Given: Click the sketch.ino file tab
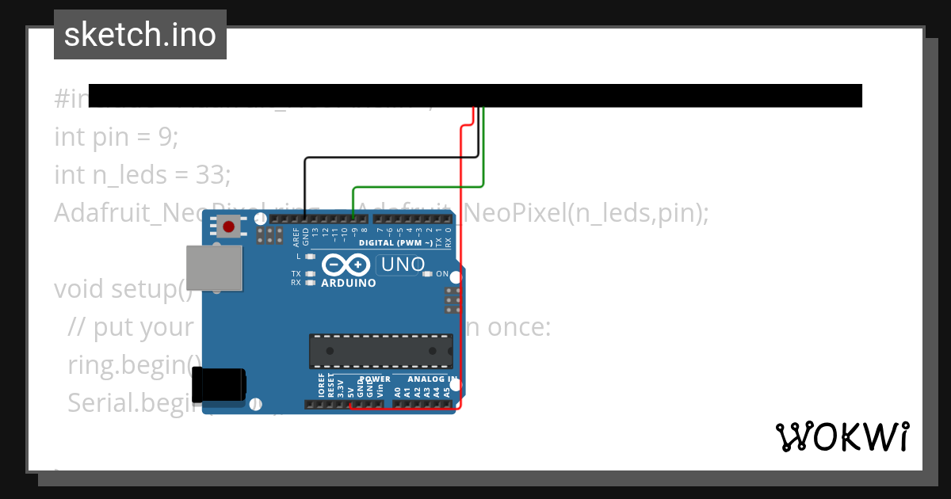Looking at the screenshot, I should coord(140,35).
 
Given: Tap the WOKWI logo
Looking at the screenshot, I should coord(842,436).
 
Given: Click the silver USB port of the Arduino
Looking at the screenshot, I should coord(214,268).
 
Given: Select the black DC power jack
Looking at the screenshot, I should coord(223,385).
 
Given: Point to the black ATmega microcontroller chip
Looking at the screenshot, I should coord(381,351).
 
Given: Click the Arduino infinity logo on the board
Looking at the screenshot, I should coord(346,265).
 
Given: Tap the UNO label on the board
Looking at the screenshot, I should coord(403,265).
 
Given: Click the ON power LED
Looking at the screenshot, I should coord(428,274).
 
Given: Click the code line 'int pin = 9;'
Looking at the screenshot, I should coord(116,136).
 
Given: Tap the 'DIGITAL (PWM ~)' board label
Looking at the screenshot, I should coord(396,242).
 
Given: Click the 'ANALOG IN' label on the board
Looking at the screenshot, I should coord(432,379).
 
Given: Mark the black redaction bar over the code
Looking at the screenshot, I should coord(475,95).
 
